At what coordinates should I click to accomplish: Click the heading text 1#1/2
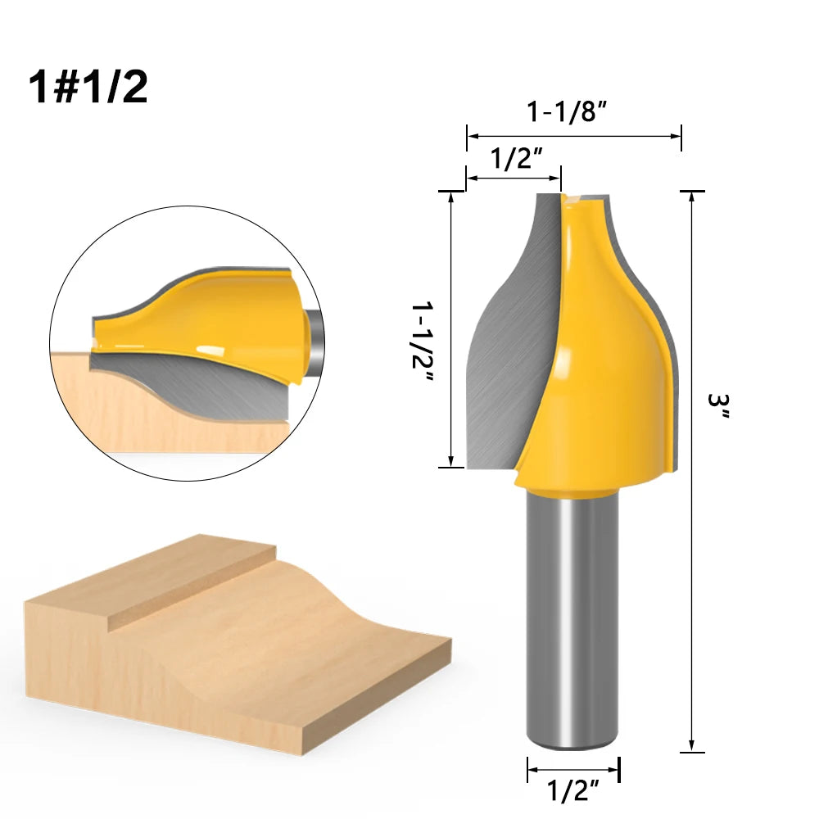tap(88, 87)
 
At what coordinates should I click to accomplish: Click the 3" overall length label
tap(720, 405)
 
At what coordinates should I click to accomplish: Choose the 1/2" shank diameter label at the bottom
tap(572, 792)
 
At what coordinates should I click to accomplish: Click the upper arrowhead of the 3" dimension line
tap(692, 197)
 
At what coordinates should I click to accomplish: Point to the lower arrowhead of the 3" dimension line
tap(692, 747)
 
